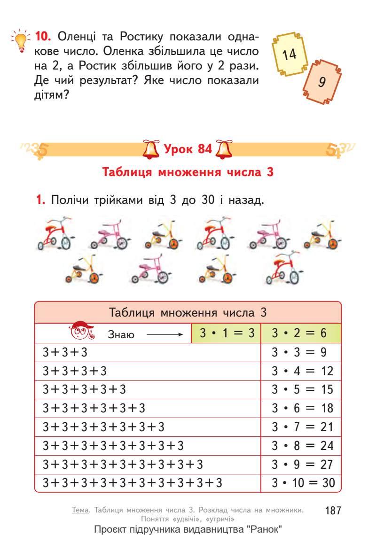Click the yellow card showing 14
tap(290, 54)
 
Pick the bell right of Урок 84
tap(222, 149)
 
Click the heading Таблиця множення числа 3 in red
tap(188, 171)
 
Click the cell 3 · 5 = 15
tap(301, 389)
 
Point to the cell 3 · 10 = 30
tap(301, 482)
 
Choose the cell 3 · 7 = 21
tap(301, 426)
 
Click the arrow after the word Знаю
tap(164, 335)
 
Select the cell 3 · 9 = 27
tap(301, 464)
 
